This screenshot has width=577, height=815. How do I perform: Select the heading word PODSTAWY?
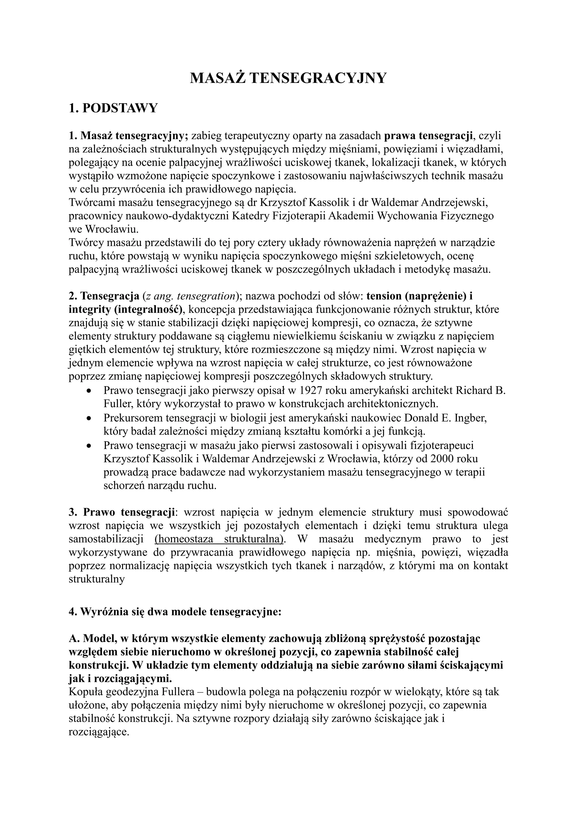119,108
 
